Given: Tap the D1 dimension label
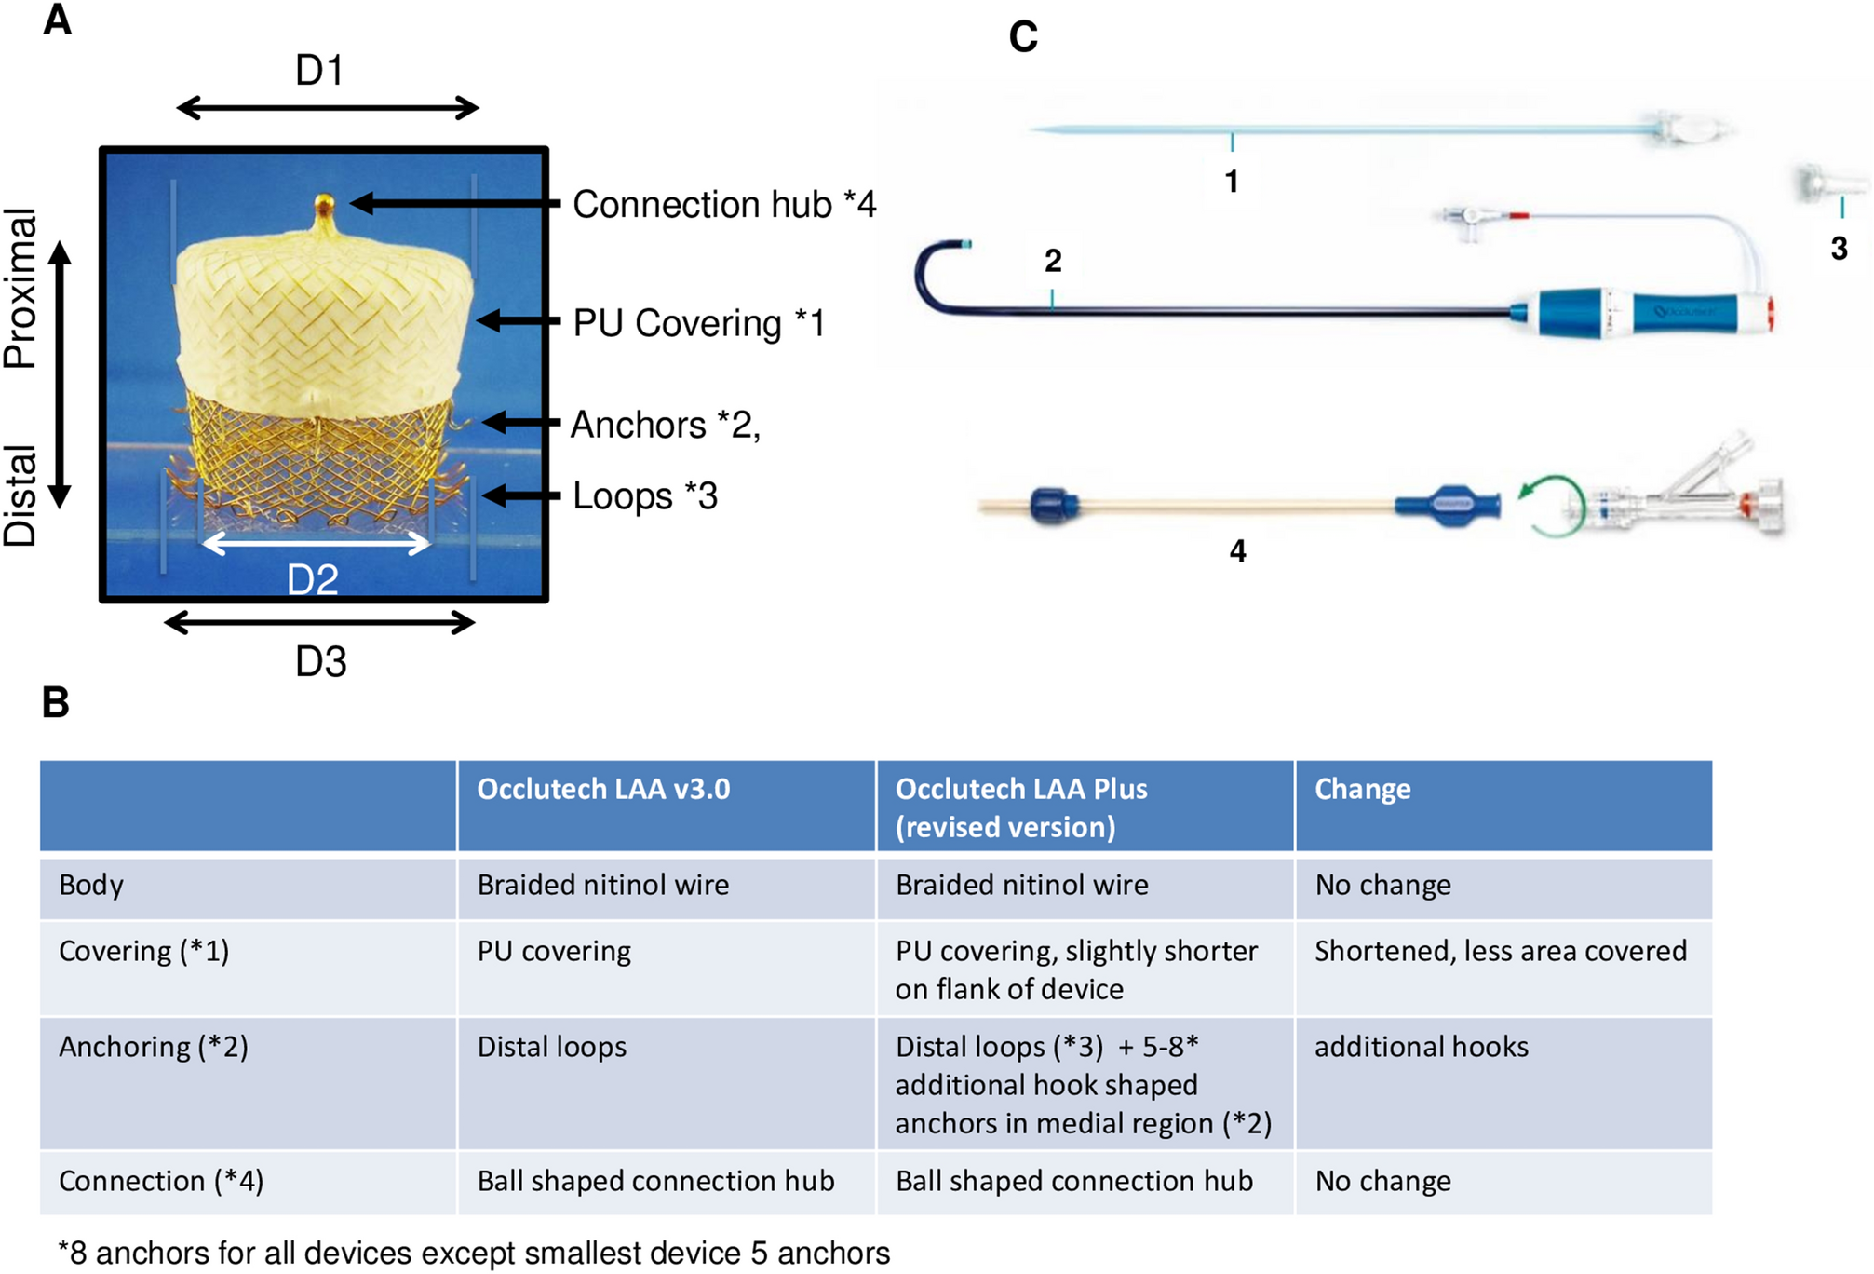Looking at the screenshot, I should tap(319, 71).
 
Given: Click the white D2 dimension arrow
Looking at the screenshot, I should tap(317, 543).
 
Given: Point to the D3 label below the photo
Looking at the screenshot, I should tap(320, 662).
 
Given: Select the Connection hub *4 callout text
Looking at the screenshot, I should tap(723, 205).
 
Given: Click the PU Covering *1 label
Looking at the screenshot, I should tap(698, 323).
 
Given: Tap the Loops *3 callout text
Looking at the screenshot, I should tap(644, 496).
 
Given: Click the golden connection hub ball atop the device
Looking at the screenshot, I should tap(324, 202).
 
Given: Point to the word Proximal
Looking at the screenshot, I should tap(20, 288).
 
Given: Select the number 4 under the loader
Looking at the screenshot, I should tap(1237, 551).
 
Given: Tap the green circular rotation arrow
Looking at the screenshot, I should tap(1550, 508).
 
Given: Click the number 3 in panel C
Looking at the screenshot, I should tap(1839, 249).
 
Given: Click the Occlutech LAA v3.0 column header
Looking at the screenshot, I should tap(603, 790).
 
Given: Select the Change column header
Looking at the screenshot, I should tap(1362, 790).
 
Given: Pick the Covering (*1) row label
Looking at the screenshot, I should tap(143, 951).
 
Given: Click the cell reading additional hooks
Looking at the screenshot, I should tap(1421, 1047).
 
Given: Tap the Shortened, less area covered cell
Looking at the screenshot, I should tap(1500, 951).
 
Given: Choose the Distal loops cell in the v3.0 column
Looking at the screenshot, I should tap(551, 1047).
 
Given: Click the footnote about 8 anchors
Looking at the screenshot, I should tap(474, 1254).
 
